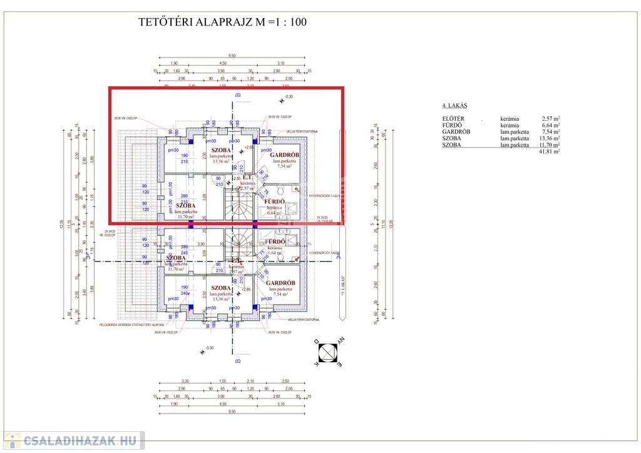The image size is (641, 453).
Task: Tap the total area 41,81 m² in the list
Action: (x=549, y=151)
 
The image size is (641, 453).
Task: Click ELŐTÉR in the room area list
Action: (x=453, y=118)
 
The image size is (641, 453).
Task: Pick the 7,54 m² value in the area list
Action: (x=550, y=131)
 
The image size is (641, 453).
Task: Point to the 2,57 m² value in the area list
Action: (x=550, y=118)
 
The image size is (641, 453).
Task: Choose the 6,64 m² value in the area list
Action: (x=550, y=125)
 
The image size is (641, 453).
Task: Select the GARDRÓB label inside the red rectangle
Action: (x=284, y=155)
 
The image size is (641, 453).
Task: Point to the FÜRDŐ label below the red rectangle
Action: (x=275, y=242)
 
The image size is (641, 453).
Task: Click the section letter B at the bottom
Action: (x=237, y=361)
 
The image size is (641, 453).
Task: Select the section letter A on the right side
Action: (x=339, y=256)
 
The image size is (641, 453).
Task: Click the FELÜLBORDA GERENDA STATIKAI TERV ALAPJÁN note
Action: (x=131, y=325)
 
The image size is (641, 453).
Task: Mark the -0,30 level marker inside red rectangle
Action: (x=289, y=96)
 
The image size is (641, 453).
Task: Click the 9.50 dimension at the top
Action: (x=232, y=55)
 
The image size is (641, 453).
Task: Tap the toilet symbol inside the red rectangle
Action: (x=282, y=190)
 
